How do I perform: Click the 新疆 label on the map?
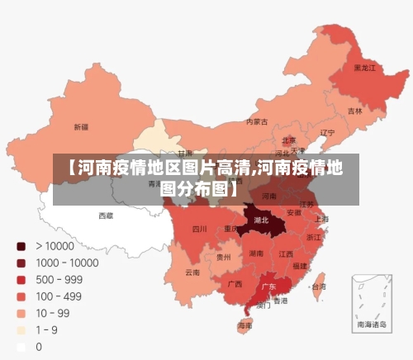pos(81,127)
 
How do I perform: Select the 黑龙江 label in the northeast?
pos(364,68)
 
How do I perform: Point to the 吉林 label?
pos(354,111)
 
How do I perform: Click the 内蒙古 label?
pos(257,121)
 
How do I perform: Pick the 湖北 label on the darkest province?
pos(262,220)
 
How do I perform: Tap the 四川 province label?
pos(199,229)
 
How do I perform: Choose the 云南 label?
pos(192,272)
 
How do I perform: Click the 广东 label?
pos(268,287)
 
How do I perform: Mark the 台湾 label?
pos(317,287)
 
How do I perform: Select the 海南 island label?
pos(245,326)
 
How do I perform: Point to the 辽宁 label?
pos(327,132)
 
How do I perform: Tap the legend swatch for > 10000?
pos(21,245)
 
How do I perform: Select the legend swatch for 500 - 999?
pos(21,279)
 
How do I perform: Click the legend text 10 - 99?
pos(52,313)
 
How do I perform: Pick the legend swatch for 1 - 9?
pos(21,330)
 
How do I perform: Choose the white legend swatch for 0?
pos(21,347)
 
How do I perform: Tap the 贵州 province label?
pos(223,257)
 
